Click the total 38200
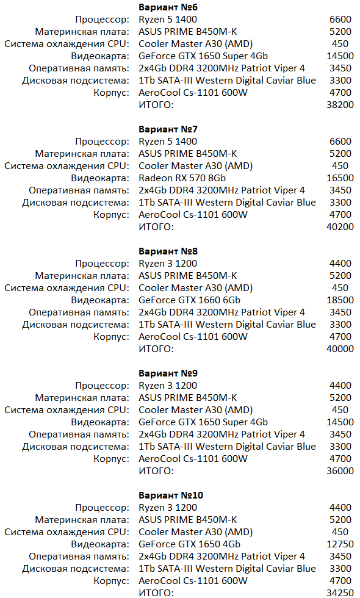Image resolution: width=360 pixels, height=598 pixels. coord(340,105)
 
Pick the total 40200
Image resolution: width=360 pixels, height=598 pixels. coord(340,227)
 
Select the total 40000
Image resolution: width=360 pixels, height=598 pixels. coord(340,349)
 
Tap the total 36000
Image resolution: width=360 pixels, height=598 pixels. coord(340,471)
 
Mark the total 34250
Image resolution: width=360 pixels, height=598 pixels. coord(340,593)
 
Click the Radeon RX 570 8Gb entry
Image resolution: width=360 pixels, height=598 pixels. coord(182,178)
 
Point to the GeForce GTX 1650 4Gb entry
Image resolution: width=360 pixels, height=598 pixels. coord(189,544)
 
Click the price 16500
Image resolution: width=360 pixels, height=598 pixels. coord(340,178)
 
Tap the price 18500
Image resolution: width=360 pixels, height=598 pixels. coord(340,300)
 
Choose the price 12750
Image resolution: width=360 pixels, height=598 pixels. coord(340,544)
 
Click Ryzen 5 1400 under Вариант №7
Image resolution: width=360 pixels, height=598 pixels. coord(168,142)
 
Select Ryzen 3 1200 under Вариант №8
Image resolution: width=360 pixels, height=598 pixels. coord(168,264)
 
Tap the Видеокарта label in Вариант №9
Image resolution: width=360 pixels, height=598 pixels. coord(99,422)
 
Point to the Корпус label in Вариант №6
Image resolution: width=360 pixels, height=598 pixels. coord(111,93)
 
